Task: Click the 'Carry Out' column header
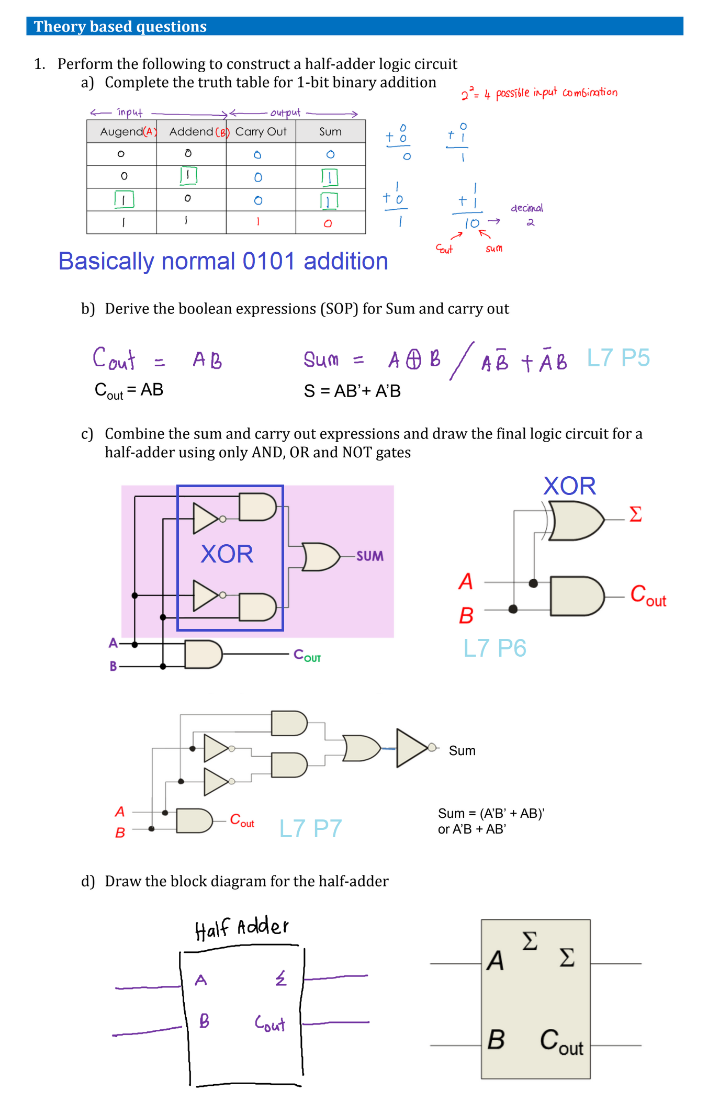[x=261, y=131]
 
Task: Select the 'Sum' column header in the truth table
[x=330, y=131]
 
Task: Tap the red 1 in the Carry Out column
[x=258, y=222]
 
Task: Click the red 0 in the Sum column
[x=328, y=223]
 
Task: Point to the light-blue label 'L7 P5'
[x=618, y=358]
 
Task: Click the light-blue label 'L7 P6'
[x=495, y=648]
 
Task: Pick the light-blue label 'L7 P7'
[x=310, y=828]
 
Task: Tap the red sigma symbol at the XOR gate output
[x=635, y=514]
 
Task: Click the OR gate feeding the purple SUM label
[x=320, y=557]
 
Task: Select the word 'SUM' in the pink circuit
[x=369, y=556]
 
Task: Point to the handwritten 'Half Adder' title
[x=241, y=928]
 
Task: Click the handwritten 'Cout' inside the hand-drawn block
[x=270, y=1024]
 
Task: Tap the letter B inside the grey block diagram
[x=496, y=1040]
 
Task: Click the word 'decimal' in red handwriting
[x=527, y=208]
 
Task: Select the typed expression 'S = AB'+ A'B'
[x=352, y=391]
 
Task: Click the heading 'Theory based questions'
[x=120, y=26]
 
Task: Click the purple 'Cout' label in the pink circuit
[x=307, y=655]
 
